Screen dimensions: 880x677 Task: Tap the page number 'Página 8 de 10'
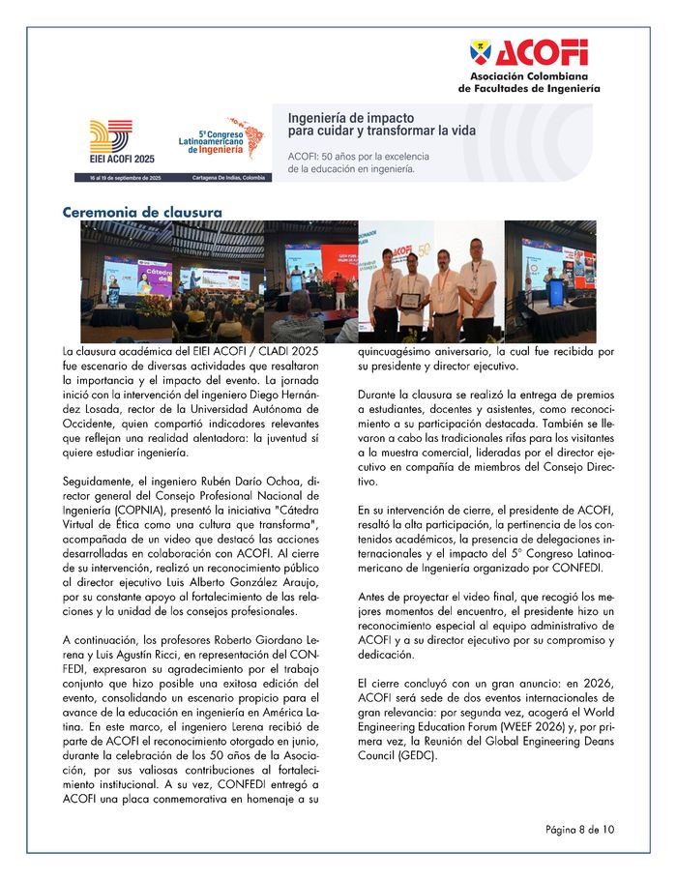pos(579,829)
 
